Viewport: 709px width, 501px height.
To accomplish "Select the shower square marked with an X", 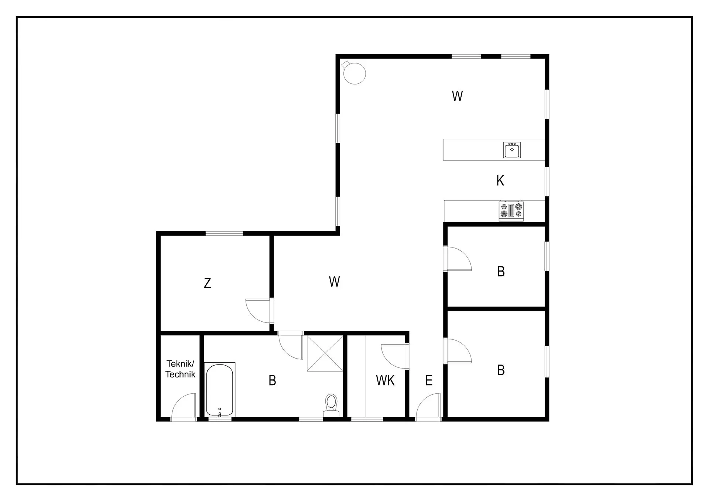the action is click(325, 353).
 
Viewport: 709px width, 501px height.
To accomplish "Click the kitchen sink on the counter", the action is click(512, 150).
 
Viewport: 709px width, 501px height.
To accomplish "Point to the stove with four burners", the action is click(511, 211).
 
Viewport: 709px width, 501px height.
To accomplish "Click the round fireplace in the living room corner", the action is click(354, 73).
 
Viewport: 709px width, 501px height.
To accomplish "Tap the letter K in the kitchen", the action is click(500, 181).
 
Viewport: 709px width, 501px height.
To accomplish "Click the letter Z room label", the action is click(208, 283).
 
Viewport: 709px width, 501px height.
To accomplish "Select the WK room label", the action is click(385, 380).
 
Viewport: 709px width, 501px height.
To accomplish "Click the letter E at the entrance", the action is click(429, 380).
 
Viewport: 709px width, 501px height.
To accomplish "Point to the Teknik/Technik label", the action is click(180, 369).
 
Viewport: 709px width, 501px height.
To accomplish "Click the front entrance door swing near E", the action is click(428, 407).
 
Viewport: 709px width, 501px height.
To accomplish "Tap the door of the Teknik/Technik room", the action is click(184, 407).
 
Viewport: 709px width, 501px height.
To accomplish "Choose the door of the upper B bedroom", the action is click(458, 259).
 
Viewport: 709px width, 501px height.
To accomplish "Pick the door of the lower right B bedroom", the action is click(458, 351).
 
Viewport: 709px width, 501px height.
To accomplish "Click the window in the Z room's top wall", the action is click(224, 234).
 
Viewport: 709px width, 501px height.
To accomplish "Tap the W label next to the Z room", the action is click(334, 282).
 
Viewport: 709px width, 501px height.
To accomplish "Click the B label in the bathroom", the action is click(272, 380).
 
